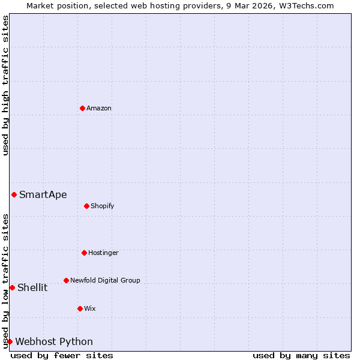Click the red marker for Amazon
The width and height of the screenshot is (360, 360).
pos(82,108)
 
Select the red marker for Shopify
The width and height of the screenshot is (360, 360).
pos(86,206)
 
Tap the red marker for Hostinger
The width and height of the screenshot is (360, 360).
pos(84,253)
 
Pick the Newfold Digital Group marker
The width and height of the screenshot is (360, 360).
pos(66,280)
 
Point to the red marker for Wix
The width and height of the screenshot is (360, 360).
pos(80,308)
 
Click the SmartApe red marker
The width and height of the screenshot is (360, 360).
pos(14,194)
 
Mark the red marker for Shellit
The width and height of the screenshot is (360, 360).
pos(12,287)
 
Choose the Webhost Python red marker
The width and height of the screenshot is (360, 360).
pos(10,341)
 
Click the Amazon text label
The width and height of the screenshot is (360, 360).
pos(99,108)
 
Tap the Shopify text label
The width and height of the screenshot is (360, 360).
pos(103,206)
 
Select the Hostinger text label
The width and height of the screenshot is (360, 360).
pos(103,253)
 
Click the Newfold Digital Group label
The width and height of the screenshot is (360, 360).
pos(105,280)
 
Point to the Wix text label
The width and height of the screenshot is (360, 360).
pos(90,308)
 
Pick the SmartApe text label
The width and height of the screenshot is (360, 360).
pos(43,194)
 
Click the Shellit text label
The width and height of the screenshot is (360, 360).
pos(32,287)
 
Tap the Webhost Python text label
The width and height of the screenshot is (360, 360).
pos(54,341)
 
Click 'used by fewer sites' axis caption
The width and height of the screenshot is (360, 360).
pos(62,355)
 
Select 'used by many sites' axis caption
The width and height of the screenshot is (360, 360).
pos(301,355)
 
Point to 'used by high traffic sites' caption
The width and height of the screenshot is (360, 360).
pos(5,85)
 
